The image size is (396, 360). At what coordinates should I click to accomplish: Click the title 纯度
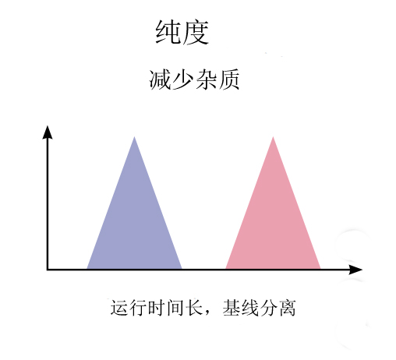tap(182, 33)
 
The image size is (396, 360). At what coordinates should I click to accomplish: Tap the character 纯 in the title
tap(168, 33)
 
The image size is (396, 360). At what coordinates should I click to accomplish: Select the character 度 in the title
tap(196, 33)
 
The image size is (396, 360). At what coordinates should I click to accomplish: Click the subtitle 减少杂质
tap(194, 79)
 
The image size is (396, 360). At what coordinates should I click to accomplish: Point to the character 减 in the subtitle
tap(160, 79)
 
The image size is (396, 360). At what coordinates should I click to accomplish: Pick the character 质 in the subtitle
tap(229, 79)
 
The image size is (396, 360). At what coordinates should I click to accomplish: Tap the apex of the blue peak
tap(134, 137)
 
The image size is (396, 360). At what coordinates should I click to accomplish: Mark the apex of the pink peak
tap(273, 137)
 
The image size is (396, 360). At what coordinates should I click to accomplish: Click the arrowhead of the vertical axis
tap(48, 132)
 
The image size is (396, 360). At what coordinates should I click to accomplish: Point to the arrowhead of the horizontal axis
tap(355, 270)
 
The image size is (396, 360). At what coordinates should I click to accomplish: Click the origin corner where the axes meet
tap(48, 270)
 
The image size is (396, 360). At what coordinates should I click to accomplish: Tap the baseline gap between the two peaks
tap(203, 270)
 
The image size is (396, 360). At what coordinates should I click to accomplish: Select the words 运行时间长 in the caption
tap(157, 308)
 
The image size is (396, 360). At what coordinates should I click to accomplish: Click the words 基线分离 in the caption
tap(260, 308)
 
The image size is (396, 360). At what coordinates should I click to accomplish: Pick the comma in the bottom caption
tap(207, 312)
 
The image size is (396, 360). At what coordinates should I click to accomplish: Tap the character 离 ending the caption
tap(288, 308)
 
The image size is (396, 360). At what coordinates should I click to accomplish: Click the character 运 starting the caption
tap(119, 308)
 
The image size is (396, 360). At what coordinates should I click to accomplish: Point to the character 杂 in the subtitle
tap(206, 79)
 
